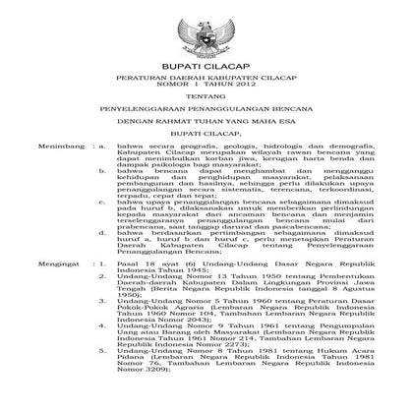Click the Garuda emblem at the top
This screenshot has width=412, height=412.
click(206, 32)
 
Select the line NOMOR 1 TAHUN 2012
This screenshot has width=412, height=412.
click(206, 96)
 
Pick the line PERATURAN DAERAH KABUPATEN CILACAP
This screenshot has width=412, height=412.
click(206, 88)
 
